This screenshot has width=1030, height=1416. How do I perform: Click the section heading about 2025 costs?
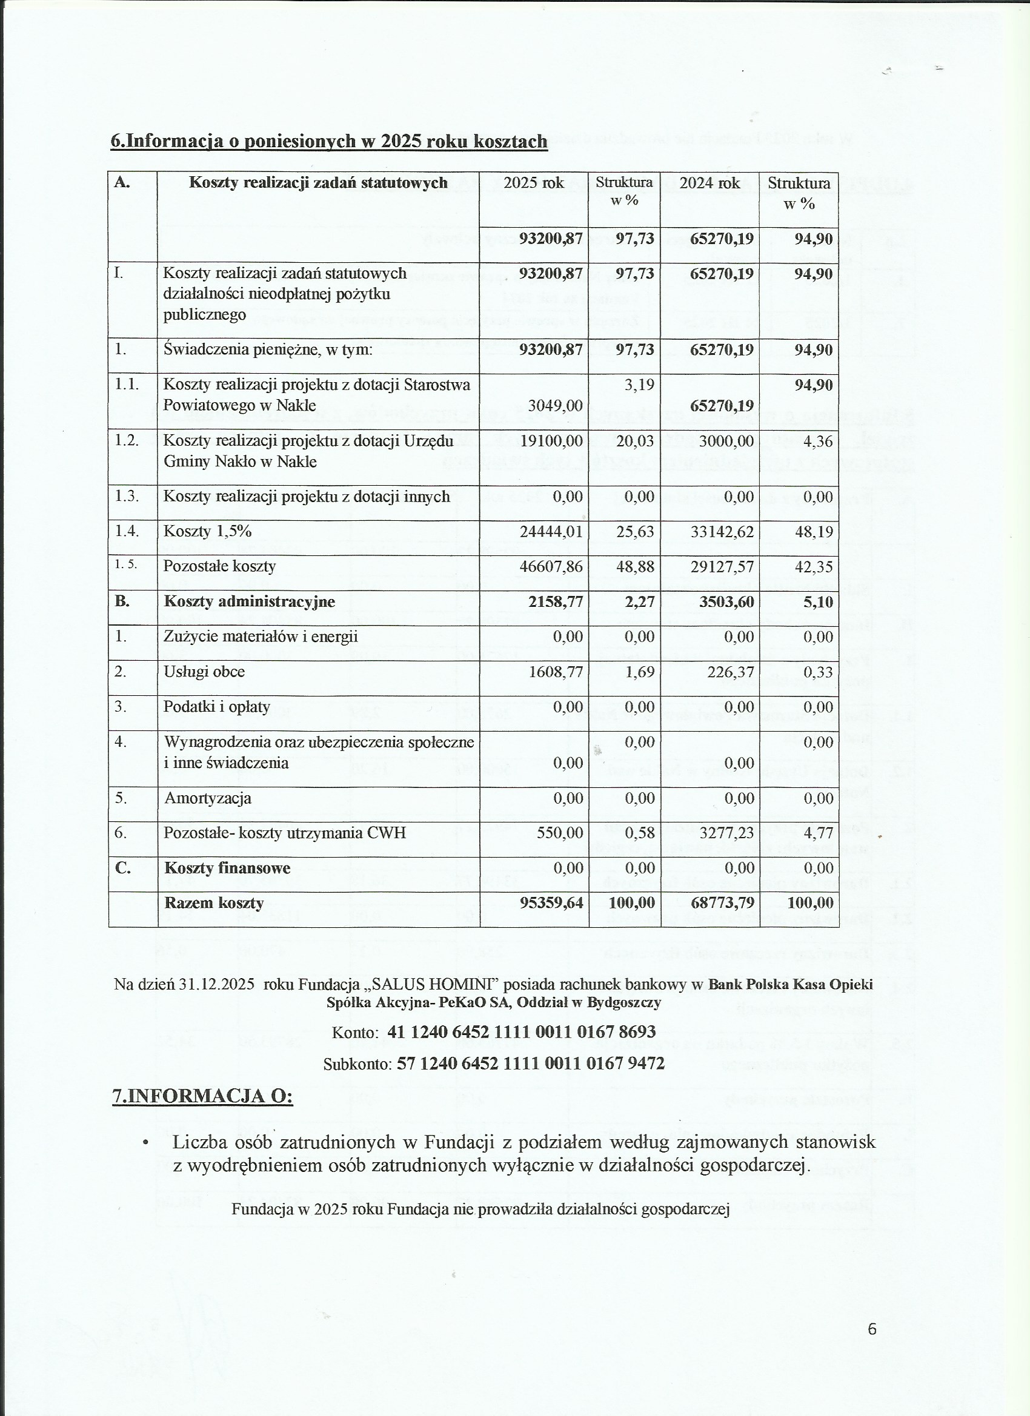[328, 141]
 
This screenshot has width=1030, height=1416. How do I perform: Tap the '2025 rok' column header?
[533, 183]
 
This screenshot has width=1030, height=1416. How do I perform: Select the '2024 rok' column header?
[709, 183]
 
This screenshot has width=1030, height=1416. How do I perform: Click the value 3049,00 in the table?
[555, 406]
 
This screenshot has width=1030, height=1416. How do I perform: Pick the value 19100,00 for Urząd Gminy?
[551, 442]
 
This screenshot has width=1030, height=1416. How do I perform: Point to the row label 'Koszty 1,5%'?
[207, 531]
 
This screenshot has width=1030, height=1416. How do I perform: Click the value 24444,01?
[551, 532]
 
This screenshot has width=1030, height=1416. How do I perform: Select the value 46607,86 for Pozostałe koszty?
[551, 567]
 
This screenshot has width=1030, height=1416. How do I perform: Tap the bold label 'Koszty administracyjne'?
[249, 602]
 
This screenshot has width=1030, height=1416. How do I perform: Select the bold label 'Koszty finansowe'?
[227, 868]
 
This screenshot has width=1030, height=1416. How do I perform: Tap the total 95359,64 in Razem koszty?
[551, 903]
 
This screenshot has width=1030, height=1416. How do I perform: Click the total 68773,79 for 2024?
[722, 903]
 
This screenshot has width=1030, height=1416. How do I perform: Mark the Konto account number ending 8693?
[521, 1032]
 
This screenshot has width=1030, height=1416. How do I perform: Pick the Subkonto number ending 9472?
[530, 1064]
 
